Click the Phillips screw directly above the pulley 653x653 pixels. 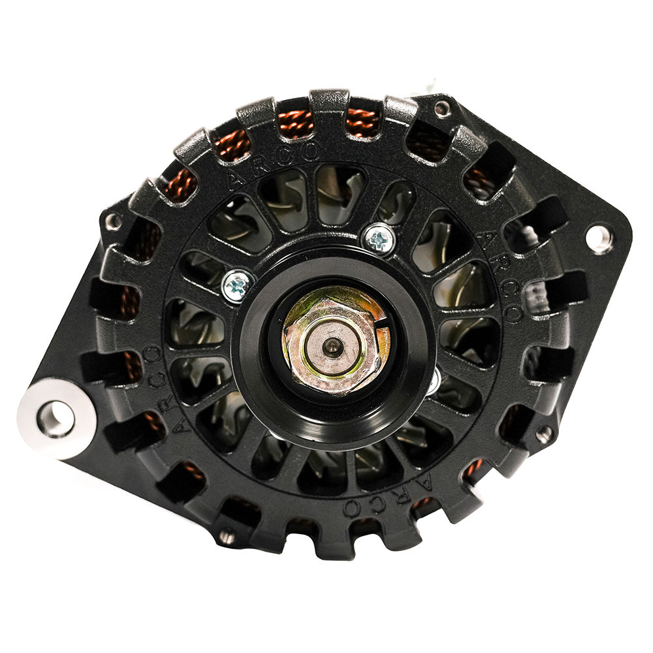(x=379, y=239)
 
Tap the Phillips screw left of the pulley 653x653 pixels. (x=238, y=285)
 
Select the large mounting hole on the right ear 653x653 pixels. (x=599, y=238)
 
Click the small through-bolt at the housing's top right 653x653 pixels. (x=443, y=108)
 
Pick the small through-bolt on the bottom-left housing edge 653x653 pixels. (x=227, y=537)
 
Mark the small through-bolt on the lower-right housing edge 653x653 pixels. (x=544, y=434)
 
